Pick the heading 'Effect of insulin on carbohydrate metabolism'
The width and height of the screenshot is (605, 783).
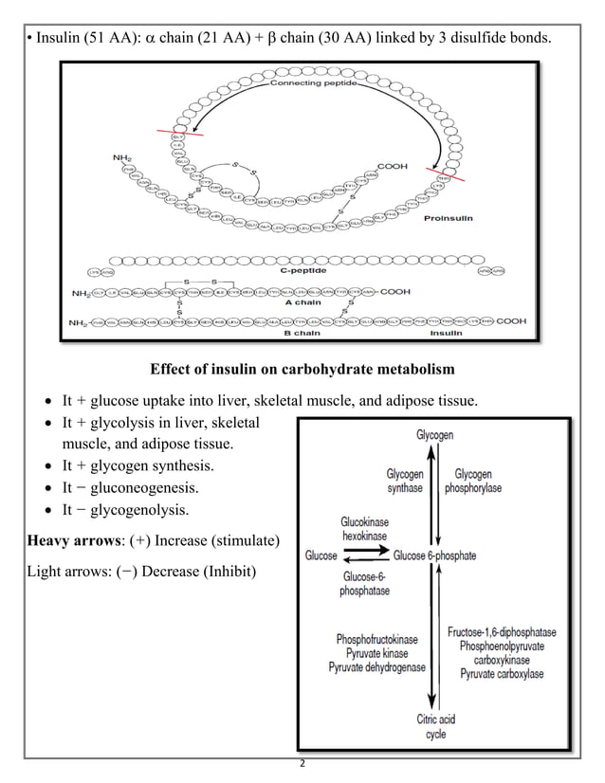[x=302, y=368]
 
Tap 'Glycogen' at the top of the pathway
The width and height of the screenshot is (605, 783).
[x=434, y=435]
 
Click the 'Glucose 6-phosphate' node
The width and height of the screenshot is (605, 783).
[x=434, y=555]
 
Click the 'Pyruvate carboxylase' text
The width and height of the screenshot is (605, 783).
[x=502, y=674]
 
